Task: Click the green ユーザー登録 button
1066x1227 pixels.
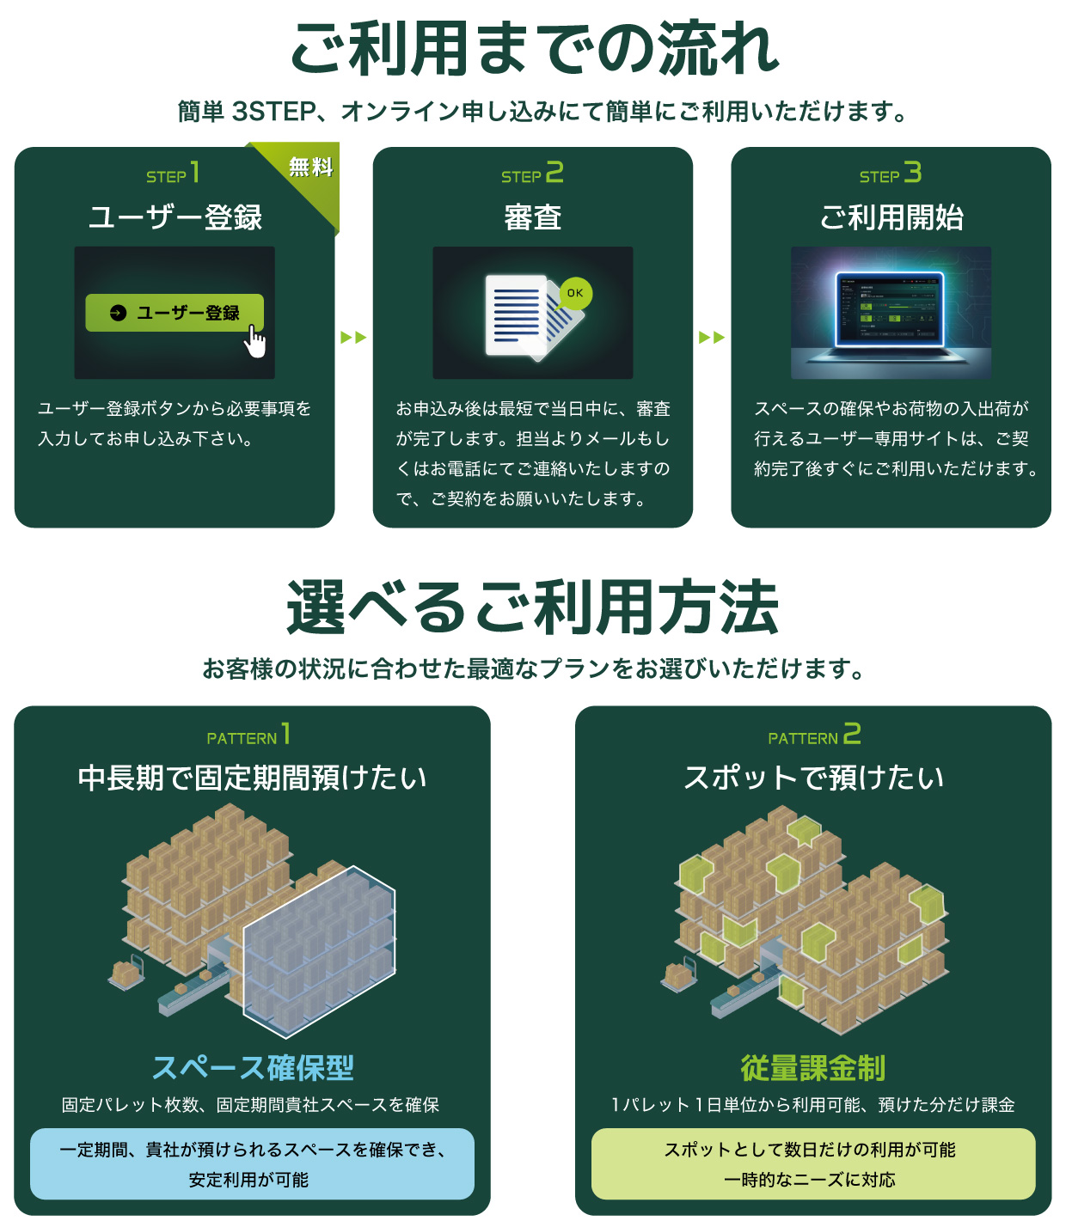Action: tap(174, 313)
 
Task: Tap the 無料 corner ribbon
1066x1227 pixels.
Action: tap(310, 168)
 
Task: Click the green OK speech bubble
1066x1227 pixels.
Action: tap(575, 293)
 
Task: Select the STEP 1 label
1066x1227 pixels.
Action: tap(173, 174)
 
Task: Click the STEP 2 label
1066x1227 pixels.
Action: tap(532, 174)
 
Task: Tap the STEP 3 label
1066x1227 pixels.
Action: tap(891, 174)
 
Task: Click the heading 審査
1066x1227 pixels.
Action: tap(532, 218)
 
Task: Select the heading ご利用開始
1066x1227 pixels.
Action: tap(891, 218)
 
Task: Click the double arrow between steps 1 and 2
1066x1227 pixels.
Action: tap(353, 337)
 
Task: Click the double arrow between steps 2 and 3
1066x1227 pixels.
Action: tap(712, 337)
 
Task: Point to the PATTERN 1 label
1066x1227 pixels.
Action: tap(248, 736)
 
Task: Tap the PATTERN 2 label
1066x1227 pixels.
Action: tap(813, 736)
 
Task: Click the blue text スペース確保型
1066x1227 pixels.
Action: tap(252, 1068)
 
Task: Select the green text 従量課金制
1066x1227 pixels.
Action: tap(813, 1068)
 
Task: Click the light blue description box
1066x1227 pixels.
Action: tap(252, 1163)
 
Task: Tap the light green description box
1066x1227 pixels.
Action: tap(813, 1163)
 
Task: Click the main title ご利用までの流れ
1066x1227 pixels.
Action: tap(533, 49)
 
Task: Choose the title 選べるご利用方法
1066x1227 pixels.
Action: tap(533, 607)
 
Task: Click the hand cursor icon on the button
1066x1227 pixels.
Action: tap(255, 341)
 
